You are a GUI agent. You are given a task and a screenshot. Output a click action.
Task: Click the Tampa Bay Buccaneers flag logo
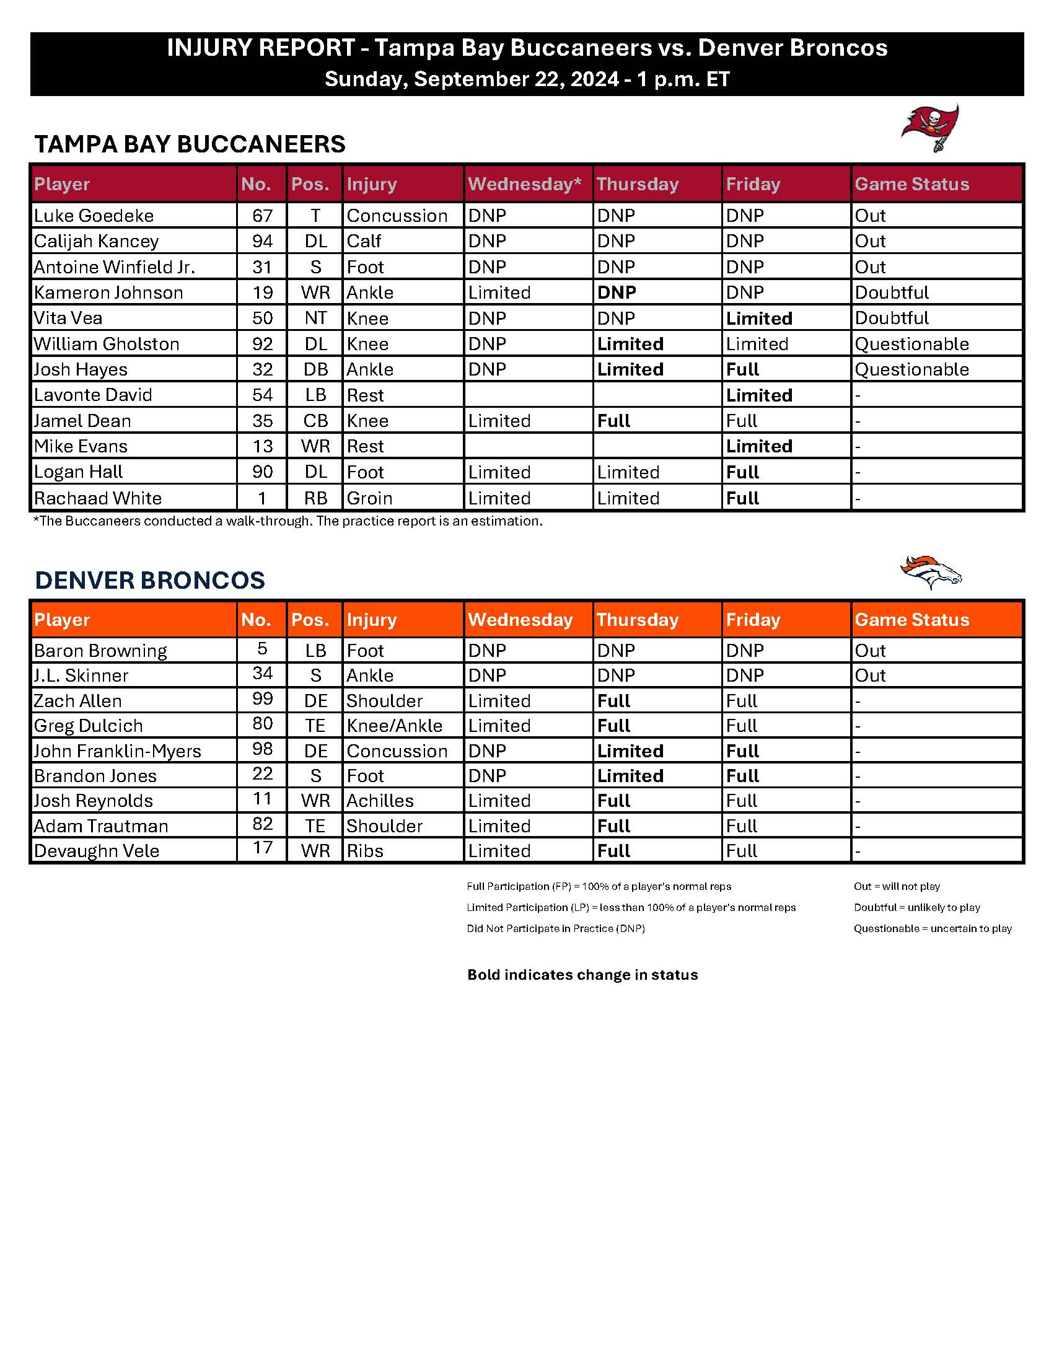coord(929,128)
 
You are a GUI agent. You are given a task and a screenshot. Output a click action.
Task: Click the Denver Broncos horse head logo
coord(930,571)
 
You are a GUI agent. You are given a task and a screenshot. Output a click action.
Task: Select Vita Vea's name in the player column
coord(68,318)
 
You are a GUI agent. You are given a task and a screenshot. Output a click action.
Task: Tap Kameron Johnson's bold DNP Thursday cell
coord(617,293)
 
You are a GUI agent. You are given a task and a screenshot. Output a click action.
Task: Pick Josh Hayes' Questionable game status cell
coord(911,369)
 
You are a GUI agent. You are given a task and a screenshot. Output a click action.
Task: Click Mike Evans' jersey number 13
coord(262,446)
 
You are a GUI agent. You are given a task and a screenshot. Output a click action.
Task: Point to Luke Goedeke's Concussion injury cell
coord(397,216)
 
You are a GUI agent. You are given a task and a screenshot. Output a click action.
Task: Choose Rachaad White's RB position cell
coord(315,498)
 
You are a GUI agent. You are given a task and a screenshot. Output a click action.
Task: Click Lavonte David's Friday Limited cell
coord(758,395)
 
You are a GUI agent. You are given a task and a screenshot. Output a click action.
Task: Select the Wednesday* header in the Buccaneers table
coord(524,183)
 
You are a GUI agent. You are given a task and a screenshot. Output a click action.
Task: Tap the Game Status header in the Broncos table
coord(911,620)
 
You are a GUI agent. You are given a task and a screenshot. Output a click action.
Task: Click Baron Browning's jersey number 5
coord(262,649)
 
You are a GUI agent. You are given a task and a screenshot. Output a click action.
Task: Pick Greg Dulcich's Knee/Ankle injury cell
coord(394,726)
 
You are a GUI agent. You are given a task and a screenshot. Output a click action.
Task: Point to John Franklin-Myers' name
coord(117,750)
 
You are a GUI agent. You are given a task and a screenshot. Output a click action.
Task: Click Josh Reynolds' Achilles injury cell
coord(380,801)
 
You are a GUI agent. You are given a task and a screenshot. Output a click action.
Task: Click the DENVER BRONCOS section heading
coord(150,580)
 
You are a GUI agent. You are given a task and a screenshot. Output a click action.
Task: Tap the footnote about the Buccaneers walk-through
coord(288,521)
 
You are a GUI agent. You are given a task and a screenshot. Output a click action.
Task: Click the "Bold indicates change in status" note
coord(582,975)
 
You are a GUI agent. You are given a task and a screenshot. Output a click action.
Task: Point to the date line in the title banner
coord(526,79)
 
